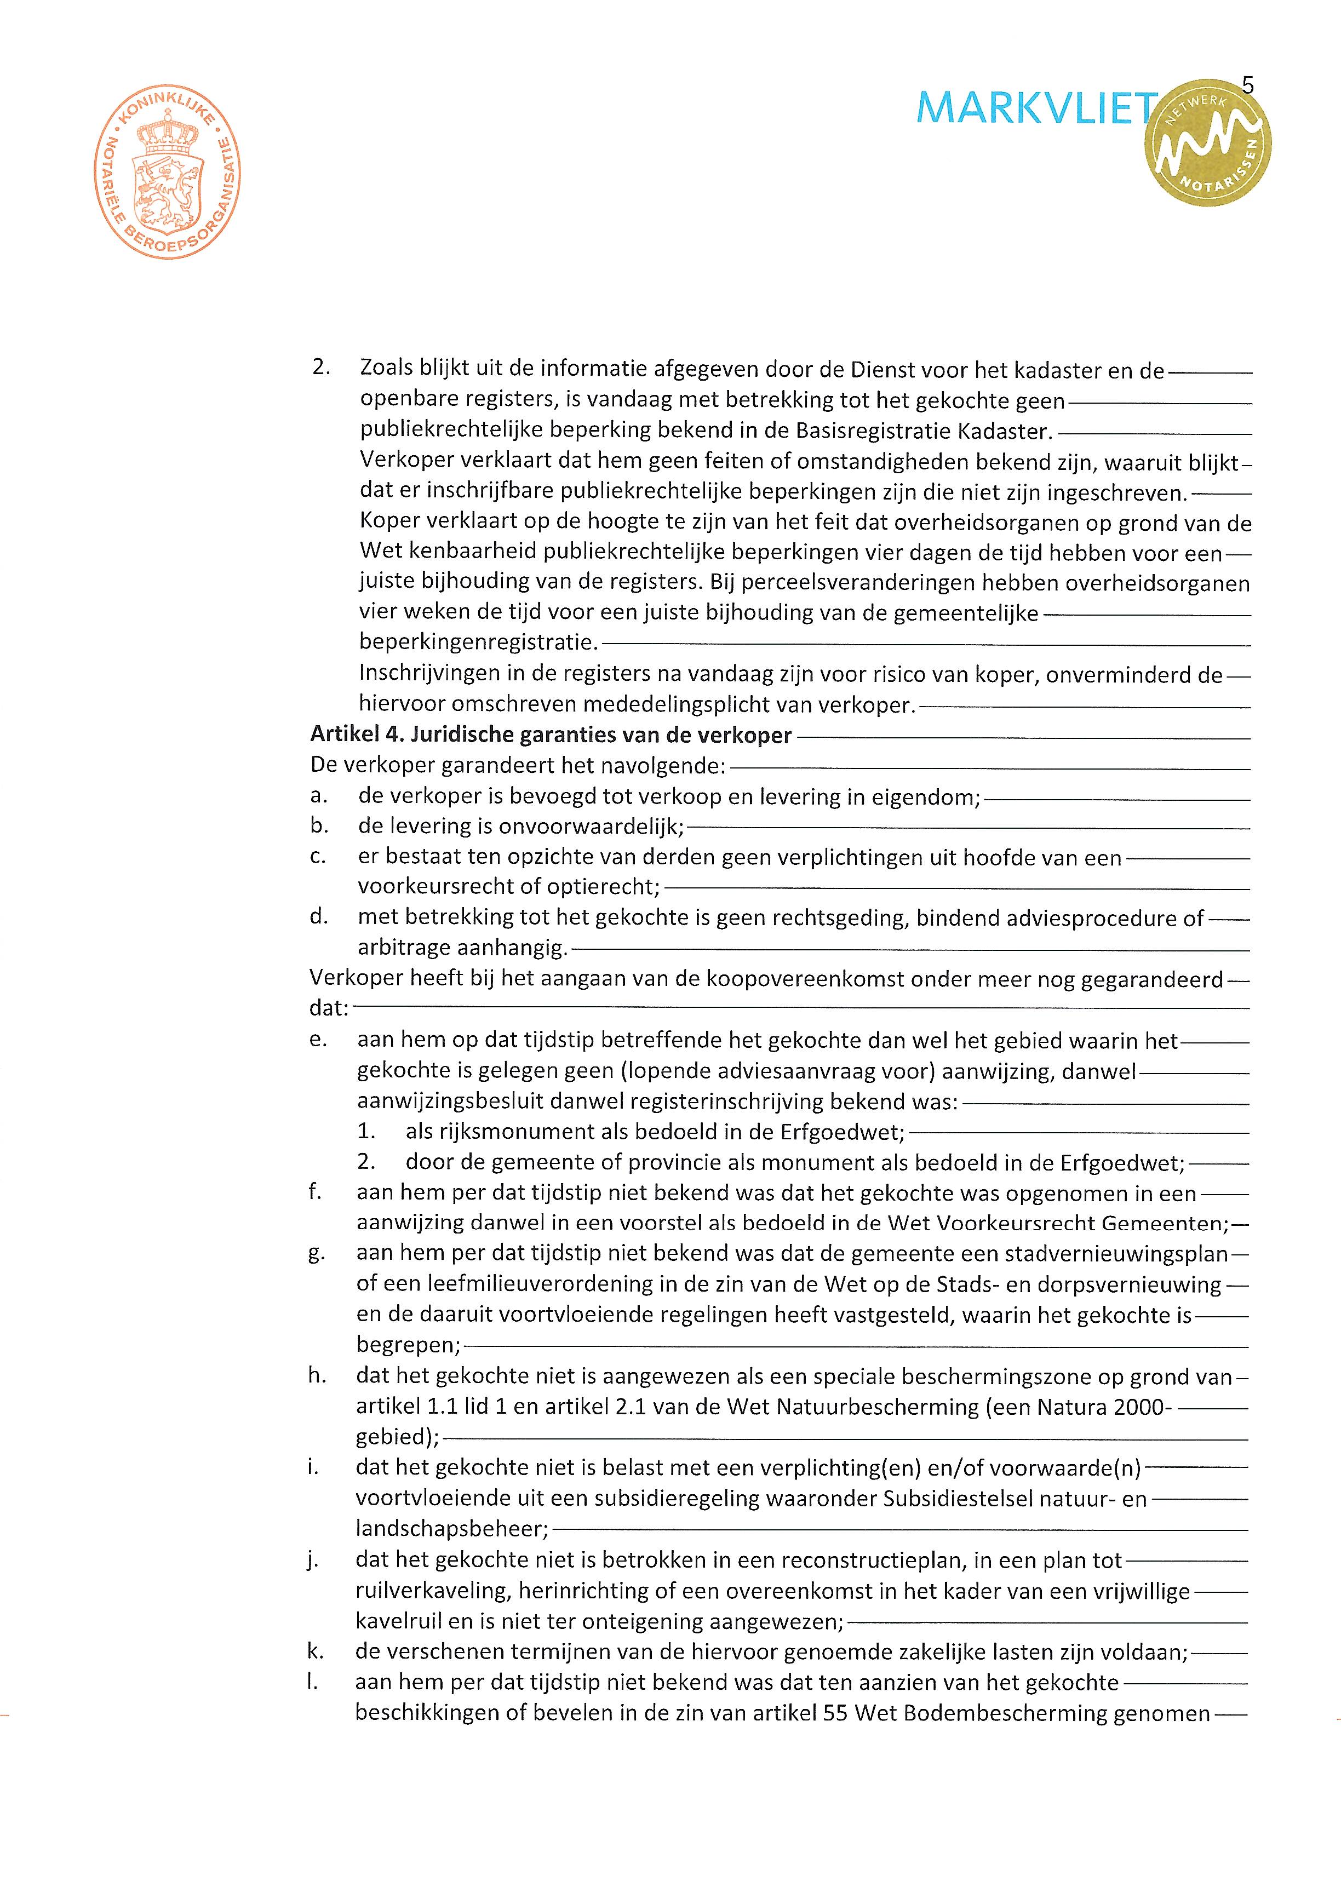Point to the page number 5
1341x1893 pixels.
(1248, 85)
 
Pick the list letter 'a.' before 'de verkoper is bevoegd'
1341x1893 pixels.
(319, 796)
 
